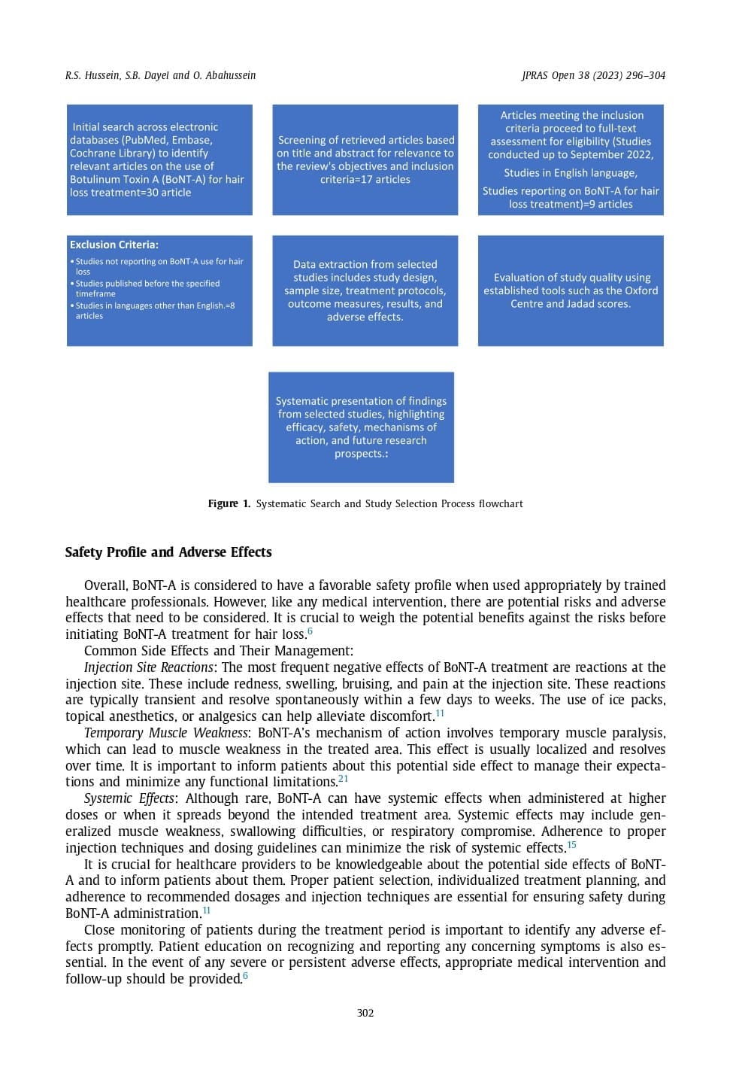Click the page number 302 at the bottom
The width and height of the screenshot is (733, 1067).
(365, 1013)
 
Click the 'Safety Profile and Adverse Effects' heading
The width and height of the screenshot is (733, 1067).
(168, 552)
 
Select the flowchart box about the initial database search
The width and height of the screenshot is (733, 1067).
(159, 160)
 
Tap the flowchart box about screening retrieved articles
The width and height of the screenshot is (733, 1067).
(365, 160)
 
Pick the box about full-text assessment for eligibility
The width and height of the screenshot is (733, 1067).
(571, 160)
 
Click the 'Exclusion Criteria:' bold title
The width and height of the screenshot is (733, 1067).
(114, 245)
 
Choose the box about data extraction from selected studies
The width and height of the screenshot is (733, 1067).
(365, 290)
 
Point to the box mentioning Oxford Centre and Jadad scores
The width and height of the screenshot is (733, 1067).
(571, 290)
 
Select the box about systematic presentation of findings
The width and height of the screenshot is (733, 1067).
(361, 427)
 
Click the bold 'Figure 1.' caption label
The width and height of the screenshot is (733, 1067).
(229, 503)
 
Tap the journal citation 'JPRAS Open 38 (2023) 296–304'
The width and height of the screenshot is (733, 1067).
(593, 75)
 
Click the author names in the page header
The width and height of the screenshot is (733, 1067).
(160, 75)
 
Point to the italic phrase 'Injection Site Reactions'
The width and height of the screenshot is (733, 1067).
(149, 667)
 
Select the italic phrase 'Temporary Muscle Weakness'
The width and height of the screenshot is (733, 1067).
(166, 733)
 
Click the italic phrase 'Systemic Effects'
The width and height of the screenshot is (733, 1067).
(130, 798)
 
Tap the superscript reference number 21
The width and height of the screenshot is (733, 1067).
(343, 779)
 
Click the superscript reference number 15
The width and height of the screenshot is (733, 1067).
(571, 844)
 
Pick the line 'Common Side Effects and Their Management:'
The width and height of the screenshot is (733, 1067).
(218, 651)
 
